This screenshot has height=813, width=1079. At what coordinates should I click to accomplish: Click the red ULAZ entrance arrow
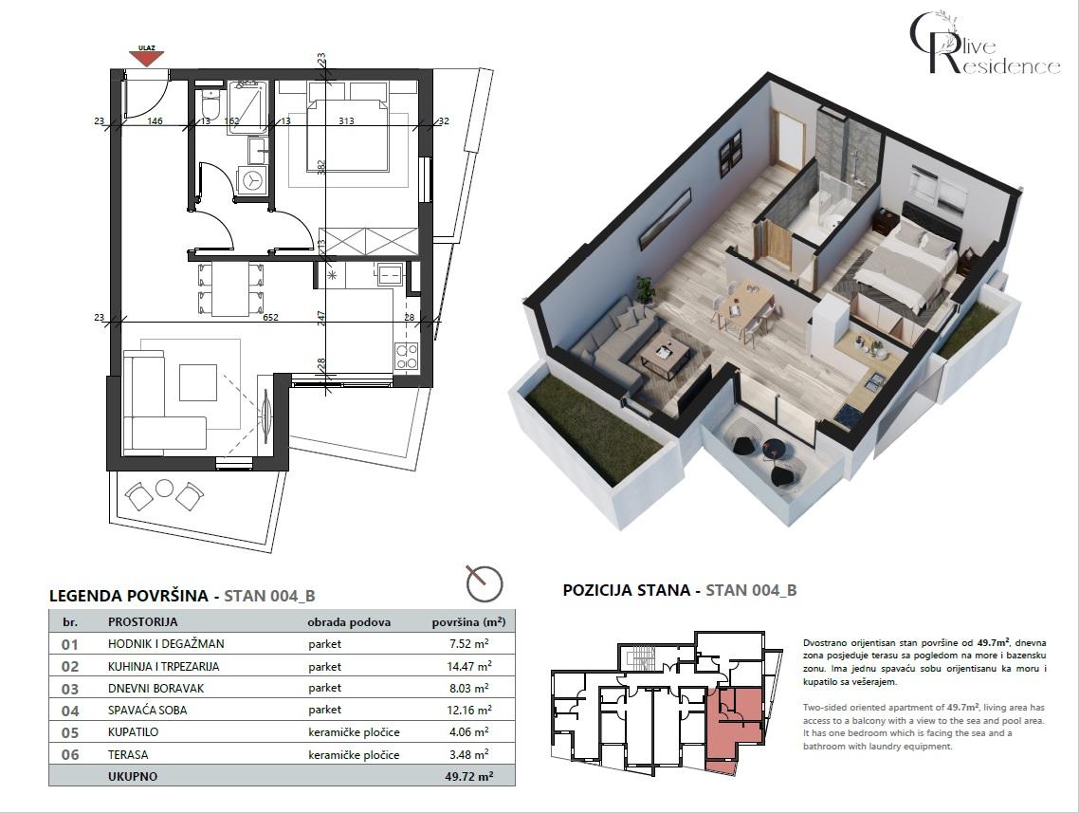coord(146,58)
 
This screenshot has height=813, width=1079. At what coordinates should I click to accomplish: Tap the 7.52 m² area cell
coord(469,644)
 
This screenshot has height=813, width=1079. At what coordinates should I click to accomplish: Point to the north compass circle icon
coord(485,582)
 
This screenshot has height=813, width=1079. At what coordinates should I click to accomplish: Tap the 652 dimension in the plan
coord(270,319)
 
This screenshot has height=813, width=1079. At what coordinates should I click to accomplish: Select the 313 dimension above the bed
coord(345,120)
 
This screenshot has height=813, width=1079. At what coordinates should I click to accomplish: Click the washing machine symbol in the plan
coord(252,178)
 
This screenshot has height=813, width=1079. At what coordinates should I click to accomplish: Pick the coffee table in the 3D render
coord(663,356)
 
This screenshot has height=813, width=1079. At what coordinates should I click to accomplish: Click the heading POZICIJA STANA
coord(626,590)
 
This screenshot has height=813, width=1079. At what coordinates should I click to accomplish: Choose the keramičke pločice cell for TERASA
coord(354,755)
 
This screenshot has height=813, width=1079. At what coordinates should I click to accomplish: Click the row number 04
coord(69,711)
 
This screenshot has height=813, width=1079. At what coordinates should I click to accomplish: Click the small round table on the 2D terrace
coord(164,488)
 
